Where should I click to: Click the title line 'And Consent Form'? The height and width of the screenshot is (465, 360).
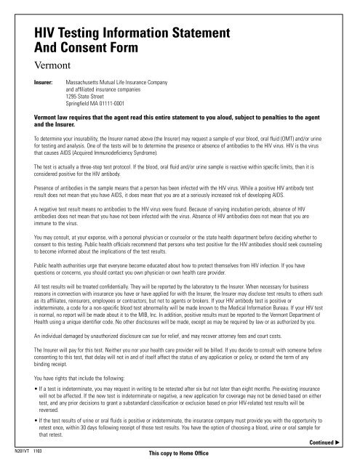point(89,49)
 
